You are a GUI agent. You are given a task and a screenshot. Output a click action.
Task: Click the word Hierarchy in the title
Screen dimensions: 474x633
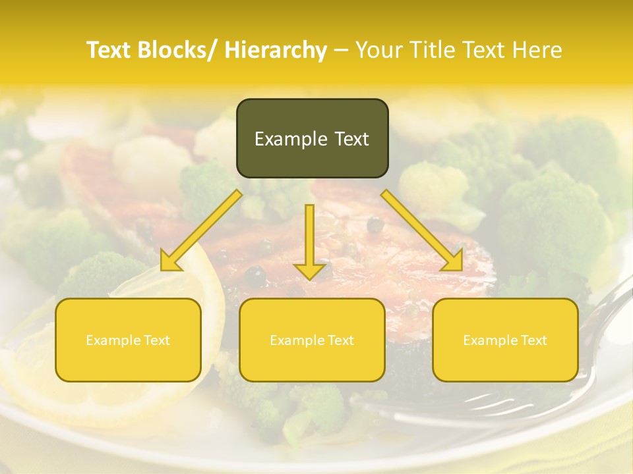click(x=276, y=50)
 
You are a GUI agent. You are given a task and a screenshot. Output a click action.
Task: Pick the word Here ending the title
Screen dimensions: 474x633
click(x=538, y=50)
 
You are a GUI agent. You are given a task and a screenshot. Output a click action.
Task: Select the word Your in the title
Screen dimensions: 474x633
click(x=378, y=50)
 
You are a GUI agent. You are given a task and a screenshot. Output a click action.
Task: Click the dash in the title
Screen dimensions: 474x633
click(x=341, y=50)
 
